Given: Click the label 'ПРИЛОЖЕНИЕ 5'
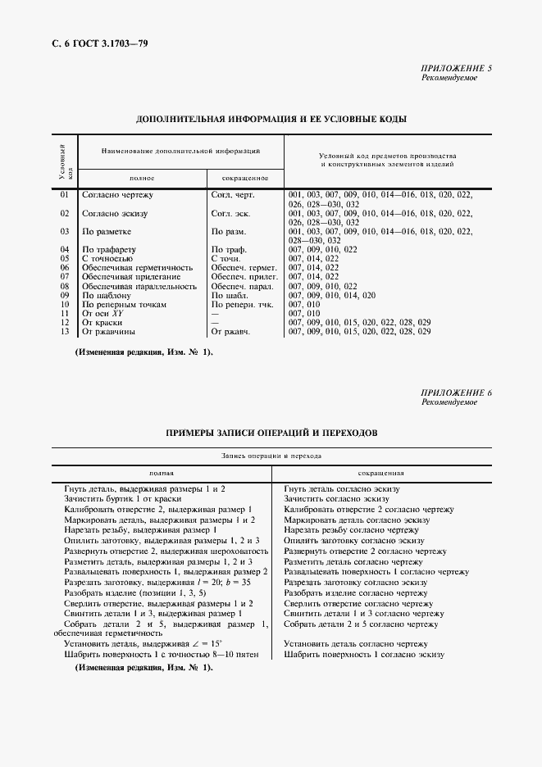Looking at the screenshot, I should tap(456, 68).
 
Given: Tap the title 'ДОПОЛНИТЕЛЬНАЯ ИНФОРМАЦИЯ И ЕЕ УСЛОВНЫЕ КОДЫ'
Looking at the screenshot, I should tap(271, 120).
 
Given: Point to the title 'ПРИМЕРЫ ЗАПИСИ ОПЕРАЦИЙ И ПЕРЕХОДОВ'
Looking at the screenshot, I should tap(271, 432).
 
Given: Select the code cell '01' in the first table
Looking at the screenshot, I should tap(65, 195).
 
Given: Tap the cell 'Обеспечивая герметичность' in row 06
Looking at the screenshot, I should tap(137, 267).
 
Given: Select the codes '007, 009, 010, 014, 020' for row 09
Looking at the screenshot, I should tap(332, 295).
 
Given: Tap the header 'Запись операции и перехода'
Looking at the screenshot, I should tap(271, 455).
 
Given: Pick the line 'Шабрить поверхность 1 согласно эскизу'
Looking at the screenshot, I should tap(364, 655).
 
